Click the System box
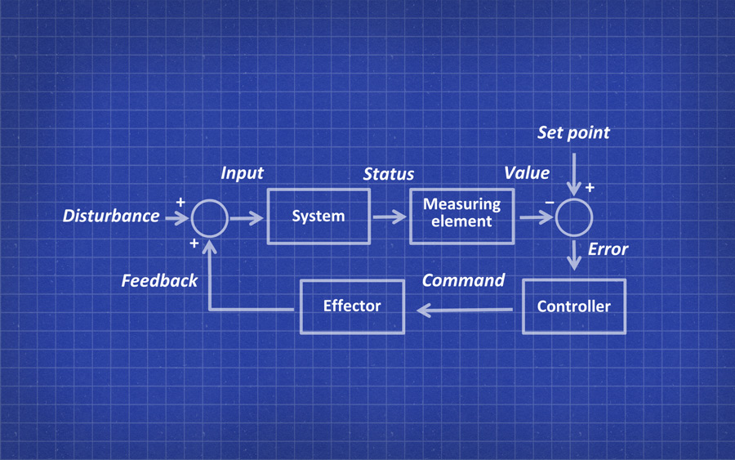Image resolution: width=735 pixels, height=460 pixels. tap(318, 217)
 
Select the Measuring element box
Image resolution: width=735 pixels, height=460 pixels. tap(461, 214)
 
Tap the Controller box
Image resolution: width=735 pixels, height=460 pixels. tap(573, 306)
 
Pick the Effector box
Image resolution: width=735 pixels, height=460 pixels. tap(352, 306)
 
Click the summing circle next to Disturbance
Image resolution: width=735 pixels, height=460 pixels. tap(209, 217)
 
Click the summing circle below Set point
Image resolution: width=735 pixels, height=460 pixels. tap(574, 217)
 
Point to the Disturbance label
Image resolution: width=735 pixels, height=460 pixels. tap(111, 216)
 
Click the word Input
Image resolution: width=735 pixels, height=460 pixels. tap(242, 173)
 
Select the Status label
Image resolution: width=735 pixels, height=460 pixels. tap(388, 174)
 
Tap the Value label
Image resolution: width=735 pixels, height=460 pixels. tap(526, 173)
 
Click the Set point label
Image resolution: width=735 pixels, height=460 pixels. tap(573, 132)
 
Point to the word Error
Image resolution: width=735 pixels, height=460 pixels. tap(608, 249)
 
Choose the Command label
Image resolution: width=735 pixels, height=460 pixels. tap(463, 280)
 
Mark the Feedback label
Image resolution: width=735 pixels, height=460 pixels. tap(159, 281)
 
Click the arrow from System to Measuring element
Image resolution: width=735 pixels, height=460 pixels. tap(390, 217)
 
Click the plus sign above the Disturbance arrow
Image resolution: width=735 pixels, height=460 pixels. tap(180, 201)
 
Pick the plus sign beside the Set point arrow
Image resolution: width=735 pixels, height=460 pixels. tap(590, 188)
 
